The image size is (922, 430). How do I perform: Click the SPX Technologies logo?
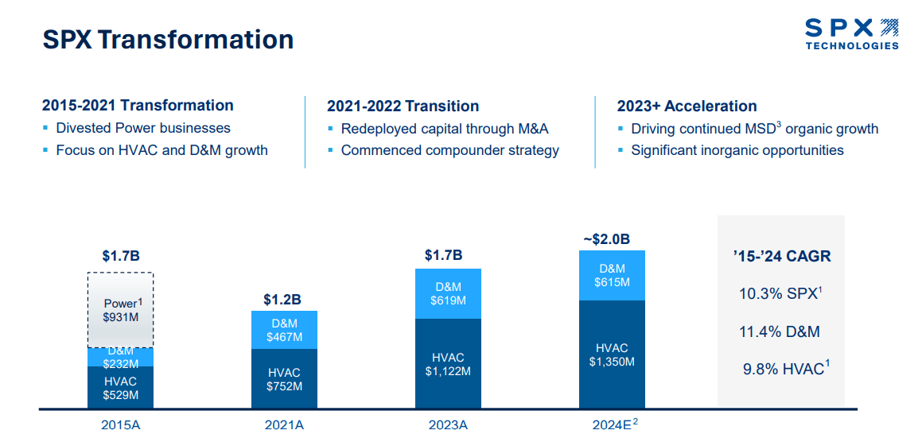[851, 34]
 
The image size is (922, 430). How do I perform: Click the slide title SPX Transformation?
[168, 39]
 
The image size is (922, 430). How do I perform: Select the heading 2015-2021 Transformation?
[138, 106]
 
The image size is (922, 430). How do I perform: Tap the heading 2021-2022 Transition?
[403, 107]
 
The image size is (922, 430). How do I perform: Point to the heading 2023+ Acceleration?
[687, 107]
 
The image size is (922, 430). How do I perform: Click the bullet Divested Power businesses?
[142, 128]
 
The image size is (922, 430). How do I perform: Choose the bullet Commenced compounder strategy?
[449, 150]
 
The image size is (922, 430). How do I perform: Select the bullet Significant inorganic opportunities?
[737, 150]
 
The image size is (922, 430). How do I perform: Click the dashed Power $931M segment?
[120, 310]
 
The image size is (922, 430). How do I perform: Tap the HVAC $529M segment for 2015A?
[120, 388]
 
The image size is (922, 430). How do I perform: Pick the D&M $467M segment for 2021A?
[284, 330]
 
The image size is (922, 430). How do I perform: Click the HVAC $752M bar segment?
[284, 379]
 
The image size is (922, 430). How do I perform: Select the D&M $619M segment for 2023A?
[449, 293]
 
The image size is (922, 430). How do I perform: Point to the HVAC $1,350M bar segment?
[612, 354]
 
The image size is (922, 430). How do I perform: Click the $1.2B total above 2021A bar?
[282, 300]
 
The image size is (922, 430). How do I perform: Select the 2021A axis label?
[284, 424]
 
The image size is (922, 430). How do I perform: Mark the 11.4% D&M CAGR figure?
[779, 332]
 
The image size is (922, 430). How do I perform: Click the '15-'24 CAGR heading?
[781, 257]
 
